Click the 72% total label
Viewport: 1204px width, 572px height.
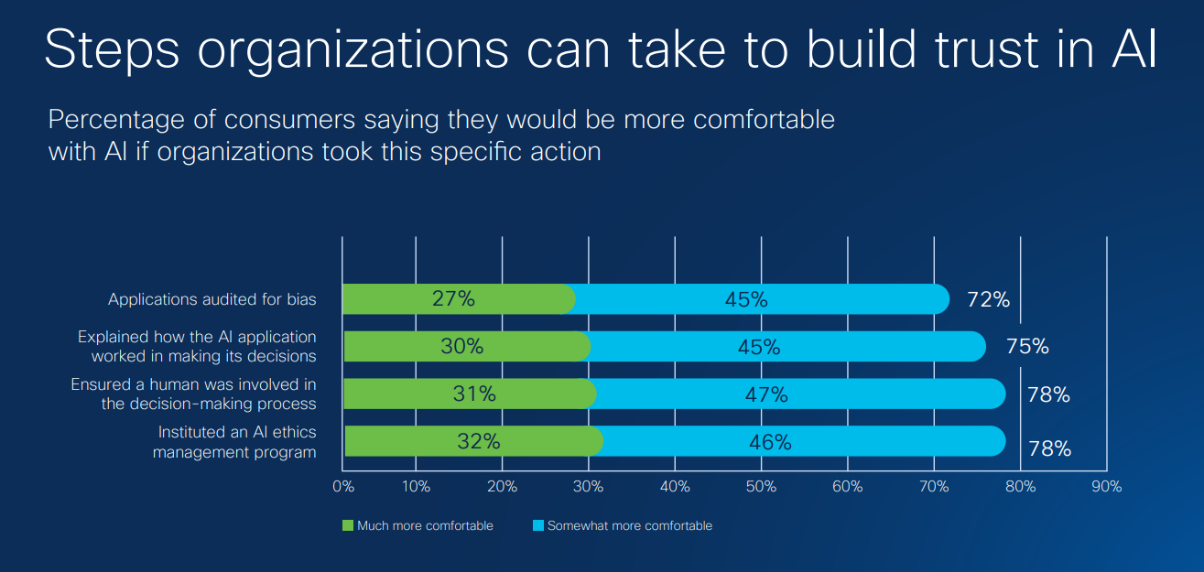click(x=988, y=299)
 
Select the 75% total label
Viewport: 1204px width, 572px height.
click(x=1027, y=347)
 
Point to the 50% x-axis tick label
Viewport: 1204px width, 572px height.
click(x=761, y=487)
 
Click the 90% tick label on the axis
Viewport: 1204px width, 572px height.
click(x=1107, y=487)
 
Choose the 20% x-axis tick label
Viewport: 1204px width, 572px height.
click(x=502, y=487)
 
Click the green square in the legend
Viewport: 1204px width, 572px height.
click(x=348, y=525)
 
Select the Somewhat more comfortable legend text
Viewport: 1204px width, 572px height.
click(x=629, y=525)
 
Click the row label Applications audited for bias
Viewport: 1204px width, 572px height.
click(x=212, y=299)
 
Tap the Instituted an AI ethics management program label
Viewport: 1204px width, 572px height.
click(x=236, y=442)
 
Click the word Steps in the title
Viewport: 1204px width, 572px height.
click(x=114, y=50)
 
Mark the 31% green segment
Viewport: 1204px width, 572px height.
click(x=469, y=394)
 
